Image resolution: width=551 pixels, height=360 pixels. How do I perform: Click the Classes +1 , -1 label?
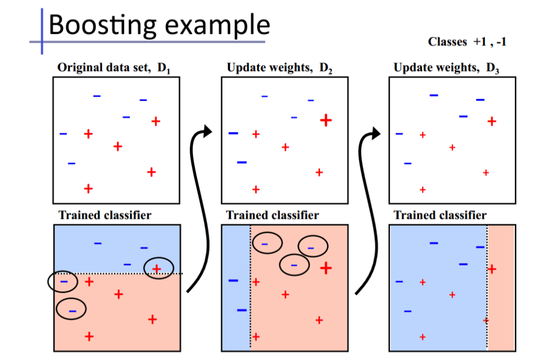(467, 42)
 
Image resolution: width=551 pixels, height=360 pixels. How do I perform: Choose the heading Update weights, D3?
(447, 67)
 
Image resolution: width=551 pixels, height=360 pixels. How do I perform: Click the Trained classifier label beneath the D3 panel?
(440, 215)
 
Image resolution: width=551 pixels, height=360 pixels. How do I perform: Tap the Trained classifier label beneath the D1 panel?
(105, 215)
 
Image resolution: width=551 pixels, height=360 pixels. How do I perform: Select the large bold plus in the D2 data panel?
(326, 121)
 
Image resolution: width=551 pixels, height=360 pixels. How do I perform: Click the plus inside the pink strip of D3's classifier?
(492, 269)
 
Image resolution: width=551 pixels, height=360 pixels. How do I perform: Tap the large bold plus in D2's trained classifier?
(326, 267)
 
